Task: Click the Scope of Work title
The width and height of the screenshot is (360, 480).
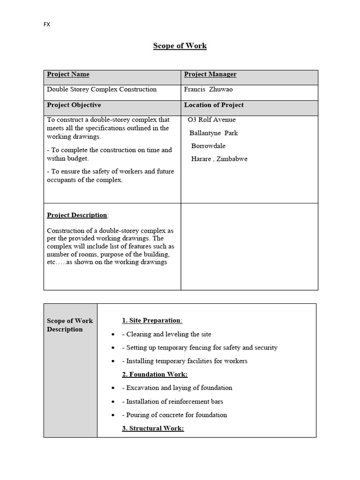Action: pos(180,46)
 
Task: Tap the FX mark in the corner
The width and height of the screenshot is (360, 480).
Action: pos(46,24)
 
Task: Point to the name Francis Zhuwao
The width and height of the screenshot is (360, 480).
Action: pos(208,90)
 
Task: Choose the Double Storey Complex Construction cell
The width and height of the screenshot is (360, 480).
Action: pos(102,90)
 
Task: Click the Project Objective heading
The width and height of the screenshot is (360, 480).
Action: pos(74,105)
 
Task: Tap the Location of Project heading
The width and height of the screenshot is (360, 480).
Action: pos(214,105)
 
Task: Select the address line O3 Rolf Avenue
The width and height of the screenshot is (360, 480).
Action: pos(211,120)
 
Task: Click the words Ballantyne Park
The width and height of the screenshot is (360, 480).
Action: pos(214,133)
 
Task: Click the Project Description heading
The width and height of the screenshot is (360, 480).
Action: pos(77,215)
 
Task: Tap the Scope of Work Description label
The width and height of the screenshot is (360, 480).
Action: pos(70,325)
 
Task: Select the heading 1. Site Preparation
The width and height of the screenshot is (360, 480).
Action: pos(152,321)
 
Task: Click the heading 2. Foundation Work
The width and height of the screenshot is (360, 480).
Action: pos(155,375)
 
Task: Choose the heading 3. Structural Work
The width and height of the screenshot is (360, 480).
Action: pos(153,428)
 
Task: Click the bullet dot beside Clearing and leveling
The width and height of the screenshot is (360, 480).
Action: pos(112,335)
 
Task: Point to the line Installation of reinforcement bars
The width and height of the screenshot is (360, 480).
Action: pos(172,401)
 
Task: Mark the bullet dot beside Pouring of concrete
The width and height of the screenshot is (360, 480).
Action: pos(112,415)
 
